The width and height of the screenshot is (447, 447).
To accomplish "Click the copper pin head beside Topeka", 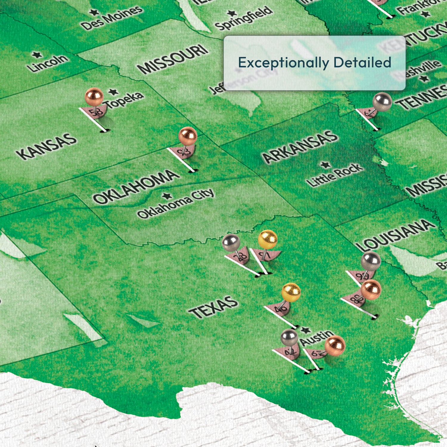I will [94, 96].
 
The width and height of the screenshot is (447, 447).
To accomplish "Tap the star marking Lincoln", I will [37, 55].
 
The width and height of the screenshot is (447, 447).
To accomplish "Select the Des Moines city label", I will [112, 18].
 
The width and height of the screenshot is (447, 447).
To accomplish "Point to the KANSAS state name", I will [46, 146].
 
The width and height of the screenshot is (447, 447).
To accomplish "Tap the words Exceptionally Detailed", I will [314, 63].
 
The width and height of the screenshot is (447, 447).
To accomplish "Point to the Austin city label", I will [316, 338].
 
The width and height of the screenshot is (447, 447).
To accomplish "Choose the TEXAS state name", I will [213, 307].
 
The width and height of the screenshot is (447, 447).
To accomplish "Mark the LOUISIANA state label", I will [396, 235].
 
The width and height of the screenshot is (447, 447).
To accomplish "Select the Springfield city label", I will [243, 18].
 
